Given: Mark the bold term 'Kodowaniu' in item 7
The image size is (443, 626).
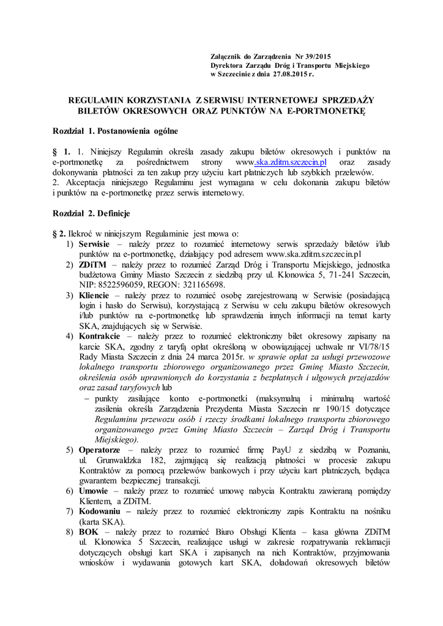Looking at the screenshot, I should pyautogui.click(x=100, y=512).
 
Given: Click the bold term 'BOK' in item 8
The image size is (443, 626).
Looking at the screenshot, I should pyautogui.click(x=88, y=532).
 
